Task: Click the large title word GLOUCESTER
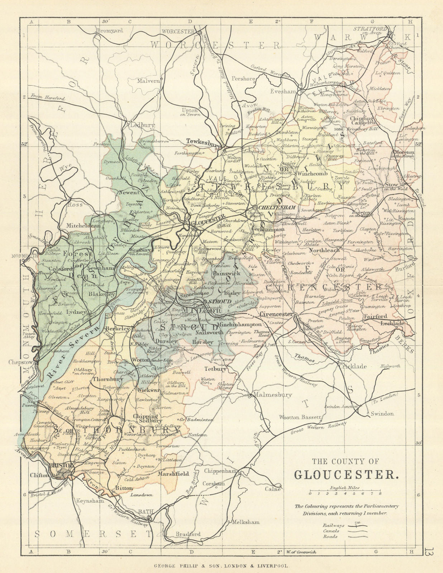[x=346, y=475]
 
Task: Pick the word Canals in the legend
[x=331, y=531]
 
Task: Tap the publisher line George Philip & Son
[x=221, y=566]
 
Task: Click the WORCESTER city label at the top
[x=178, y=31]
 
